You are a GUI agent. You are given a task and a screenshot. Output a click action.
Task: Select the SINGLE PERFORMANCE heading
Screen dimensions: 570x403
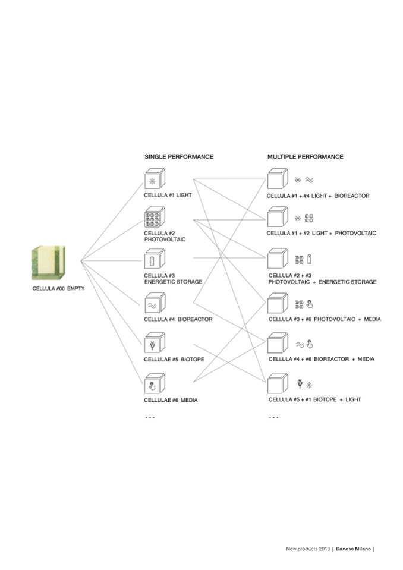pos(179,157)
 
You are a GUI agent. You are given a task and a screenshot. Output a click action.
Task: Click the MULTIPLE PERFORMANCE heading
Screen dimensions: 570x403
pos(305,157)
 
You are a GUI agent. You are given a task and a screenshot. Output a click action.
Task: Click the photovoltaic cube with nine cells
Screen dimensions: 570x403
pos(155,218)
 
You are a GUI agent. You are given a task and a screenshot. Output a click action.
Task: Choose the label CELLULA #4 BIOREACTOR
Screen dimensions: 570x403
pos(178,319)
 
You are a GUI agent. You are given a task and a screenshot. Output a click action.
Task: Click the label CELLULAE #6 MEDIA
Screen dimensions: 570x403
pos(171,400)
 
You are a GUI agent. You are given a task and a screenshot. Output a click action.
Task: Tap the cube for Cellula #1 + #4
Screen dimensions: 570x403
pos(277,179)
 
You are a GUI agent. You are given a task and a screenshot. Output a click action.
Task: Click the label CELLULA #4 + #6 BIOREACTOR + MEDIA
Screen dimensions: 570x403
pos(322,359)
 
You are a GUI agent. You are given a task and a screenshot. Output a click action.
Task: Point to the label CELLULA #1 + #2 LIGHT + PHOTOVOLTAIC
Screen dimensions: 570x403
pos(321,233)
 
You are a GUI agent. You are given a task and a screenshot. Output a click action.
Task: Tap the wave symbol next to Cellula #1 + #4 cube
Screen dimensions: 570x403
pos(310,178)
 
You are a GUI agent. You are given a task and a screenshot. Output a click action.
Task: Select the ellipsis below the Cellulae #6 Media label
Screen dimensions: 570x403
pos(150,418)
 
